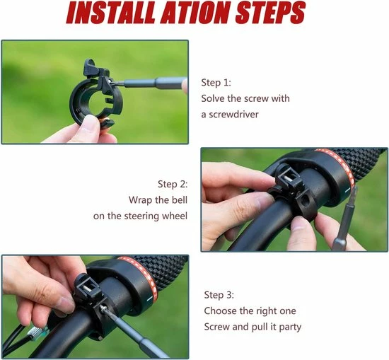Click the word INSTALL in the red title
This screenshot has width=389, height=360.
112,13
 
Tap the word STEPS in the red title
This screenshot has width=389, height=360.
270,13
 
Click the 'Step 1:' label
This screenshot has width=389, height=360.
216,83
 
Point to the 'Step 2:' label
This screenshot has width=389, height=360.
173,185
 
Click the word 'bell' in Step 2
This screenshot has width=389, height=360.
180,200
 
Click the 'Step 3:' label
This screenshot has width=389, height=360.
219,295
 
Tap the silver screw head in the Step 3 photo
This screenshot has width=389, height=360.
102,308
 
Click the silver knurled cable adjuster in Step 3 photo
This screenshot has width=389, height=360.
35,331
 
